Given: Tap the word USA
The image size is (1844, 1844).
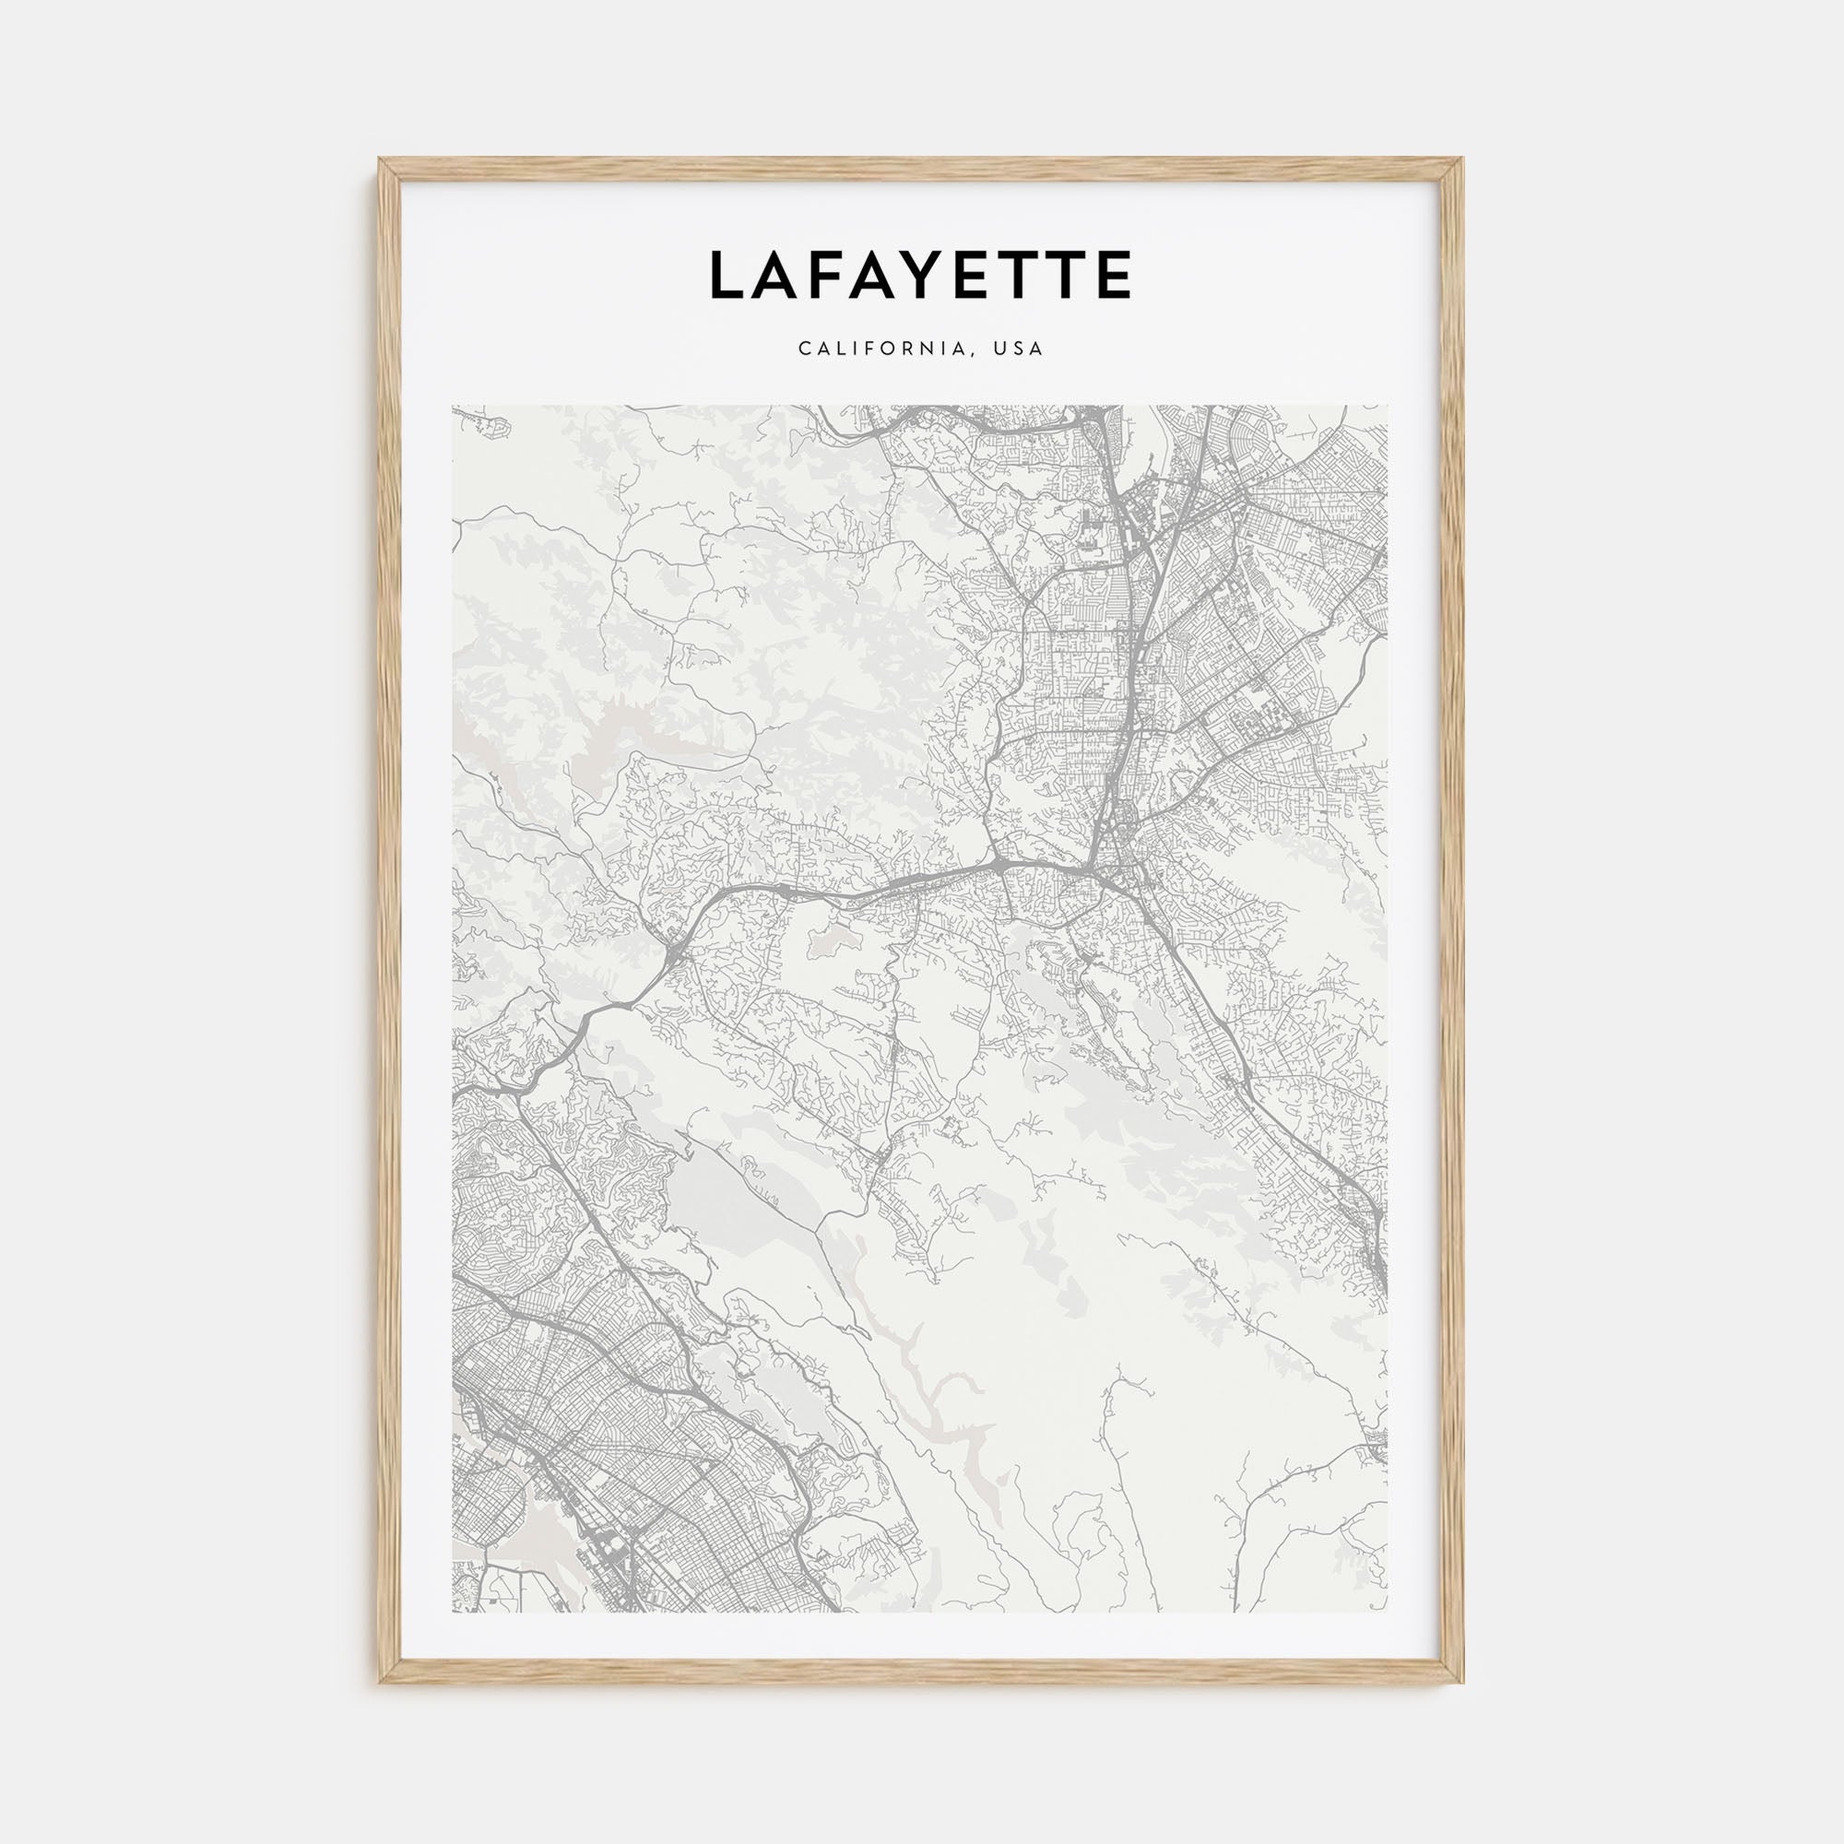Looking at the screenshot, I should click(x=1019, y=349).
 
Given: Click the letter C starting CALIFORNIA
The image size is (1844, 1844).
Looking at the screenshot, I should click(x=805, y=349).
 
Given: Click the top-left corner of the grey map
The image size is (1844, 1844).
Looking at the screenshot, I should click(x=454, y=407).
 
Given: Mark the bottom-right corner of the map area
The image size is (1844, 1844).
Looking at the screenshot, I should click(x=1387, y=1611).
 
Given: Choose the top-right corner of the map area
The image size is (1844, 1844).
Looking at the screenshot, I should click(x=1387, y=407).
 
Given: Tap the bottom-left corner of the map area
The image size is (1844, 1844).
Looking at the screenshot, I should click(x=454, y=1611).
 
